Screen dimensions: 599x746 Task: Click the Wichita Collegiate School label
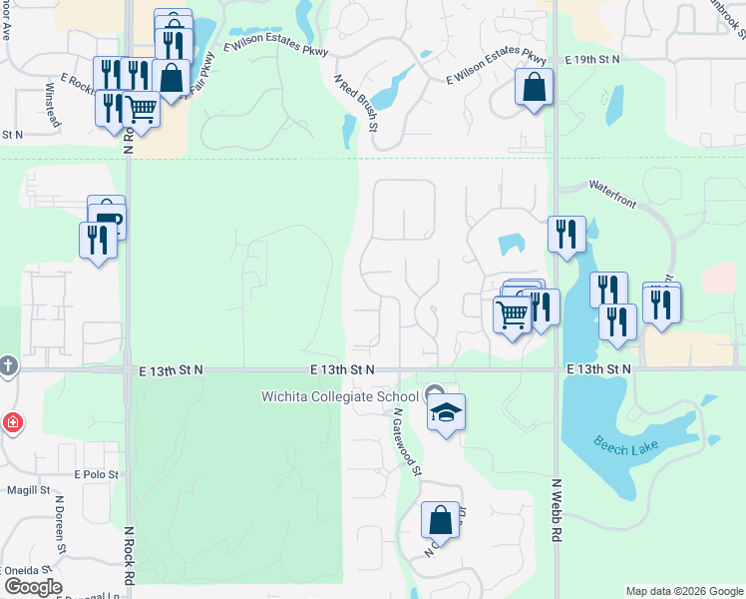[340, 396]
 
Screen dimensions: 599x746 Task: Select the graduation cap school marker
[447, 412]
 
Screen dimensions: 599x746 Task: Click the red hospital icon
[12, 422]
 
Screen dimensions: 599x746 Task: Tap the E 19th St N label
[591, 60]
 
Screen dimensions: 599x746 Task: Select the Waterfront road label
[612, 186]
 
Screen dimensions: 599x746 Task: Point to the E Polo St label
[96, 475]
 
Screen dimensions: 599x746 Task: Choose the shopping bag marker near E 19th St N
[535, 87]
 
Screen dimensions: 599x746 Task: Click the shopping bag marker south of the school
[440, 520]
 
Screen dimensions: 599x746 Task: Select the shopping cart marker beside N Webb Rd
[512, 314]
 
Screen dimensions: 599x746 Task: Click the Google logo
[32, 587]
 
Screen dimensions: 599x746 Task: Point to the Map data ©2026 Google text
[683, 591]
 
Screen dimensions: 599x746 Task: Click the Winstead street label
[52, 104]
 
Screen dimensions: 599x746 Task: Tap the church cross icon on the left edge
[6, 366]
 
